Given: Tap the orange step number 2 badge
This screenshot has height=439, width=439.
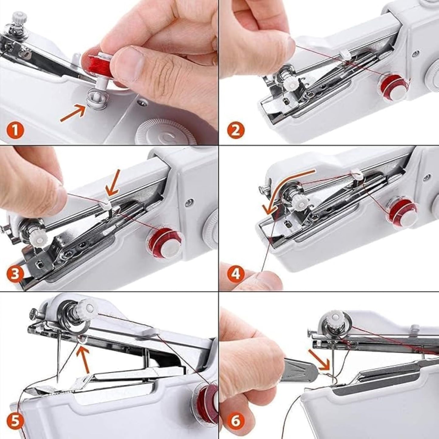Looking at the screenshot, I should click(x=236, y=131).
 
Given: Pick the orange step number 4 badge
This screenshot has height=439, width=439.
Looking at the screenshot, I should click(x=236, y=275).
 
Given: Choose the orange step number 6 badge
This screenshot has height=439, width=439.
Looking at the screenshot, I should click(x=236, y=421).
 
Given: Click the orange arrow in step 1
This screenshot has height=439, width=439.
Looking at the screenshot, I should click(x=72, y=113).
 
